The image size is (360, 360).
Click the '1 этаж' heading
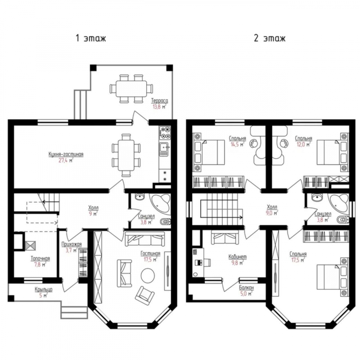point(91,38)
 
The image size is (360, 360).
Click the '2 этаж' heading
point(270,38)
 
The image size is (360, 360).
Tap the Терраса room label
point(160,100)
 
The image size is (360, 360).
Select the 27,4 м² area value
point(66,160)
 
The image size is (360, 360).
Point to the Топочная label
point(40,258)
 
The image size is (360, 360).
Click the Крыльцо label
point(44,289)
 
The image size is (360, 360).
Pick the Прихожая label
point(72,244)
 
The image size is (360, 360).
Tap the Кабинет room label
point(238,256)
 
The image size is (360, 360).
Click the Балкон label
point(246,288)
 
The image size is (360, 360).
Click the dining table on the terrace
point(131,88)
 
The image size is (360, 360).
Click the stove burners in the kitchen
point(165,133)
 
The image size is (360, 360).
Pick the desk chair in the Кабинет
point(207,262)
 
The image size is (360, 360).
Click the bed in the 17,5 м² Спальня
point(328,277)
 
